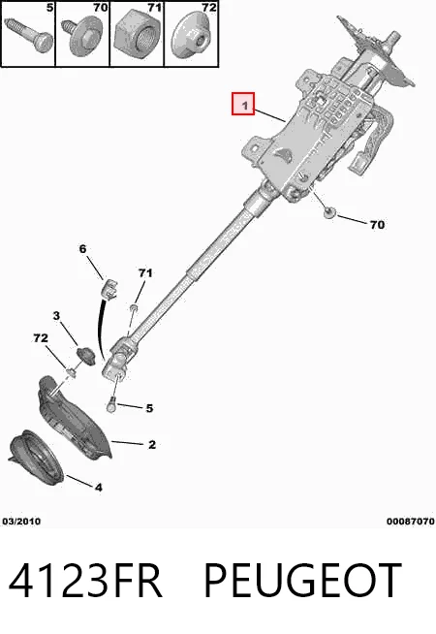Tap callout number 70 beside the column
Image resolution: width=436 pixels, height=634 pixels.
coord(377,225)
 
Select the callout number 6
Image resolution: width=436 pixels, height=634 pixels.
coord(82,249)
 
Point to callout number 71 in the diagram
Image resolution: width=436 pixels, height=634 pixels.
coord(145,273)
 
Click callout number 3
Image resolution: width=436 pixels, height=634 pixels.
coord(56,315)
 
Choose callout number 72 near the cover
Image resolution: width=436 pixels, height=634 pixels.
coord(41,338)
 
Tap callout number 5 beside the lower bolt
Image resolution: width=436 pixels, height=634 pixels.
coord(149,408)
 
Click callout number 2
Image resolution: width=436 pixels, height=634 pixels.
coord(152,445)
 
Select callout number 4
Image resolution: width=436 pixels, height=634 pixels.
coord(99,488)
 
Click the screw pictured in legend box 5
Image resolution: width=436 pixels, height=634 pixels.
coord(29,36)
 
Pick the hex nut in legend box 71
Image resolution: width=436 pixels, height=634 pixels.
coord(137,37)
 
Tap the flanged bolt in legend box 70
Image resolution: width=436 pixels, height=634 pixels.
coord(82,38)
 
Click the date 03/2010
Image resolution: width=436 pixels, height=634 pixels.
coord(21,522)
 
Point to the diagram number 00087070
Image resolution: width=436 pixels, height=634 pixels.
coord(410,522)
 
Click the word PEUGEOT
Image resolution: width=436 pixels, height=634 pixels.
coord(303,581)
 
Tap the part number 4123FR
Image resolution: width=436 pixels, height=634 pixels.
coord(85,581)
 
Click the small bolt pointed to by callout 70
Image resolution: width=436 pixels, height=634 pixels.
coord(330,212)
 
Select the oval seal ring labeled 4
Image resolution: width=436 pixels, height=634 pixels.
coord(37,457)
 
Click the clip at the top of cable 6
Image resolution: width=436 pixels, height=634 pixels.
coord(109,289)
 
